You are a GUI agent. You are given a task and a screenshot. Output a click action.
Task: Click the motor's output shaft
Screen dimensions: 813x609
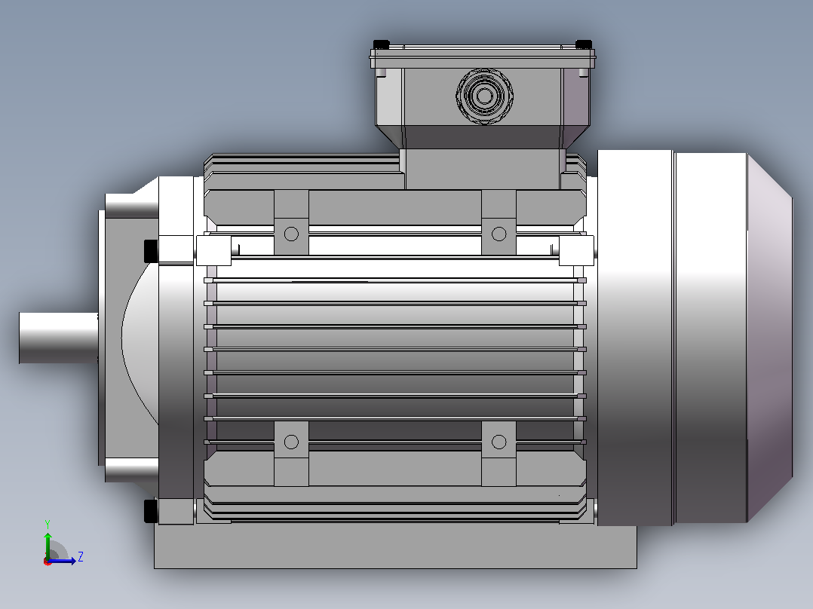point(59,338)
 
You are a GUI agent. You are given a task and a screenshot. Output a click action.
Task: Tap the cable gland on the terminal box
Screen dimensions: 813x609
point(485,96)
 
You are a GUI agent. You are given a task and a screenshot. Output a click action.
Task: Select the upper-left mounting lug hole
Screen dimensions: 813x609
point(291,234)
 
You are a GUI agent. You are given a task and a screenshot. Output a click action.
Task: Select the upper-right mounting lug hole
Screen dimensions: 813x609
point(499,234)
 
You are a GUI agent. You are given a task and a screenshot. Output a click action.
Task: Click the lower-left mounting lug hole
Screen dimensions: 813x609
point(291,442)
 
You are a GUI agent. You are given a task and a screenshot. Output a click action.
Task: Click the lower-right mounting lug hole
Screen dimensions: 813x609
point(499,442)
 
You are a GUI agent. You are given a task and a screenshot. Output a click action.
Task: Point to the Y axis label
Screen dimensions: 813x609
point(48,525)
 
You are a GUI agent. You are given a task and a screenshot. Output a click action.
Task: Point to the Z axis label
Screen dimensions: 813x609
point(81,557)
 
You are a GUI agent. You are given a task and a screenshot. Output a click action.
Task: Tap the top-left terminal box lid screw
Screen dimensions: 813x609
point(381,44)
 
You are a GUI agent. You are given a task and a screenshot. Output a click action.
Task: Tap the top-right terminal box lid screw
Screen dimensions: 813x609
point(584,44)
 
